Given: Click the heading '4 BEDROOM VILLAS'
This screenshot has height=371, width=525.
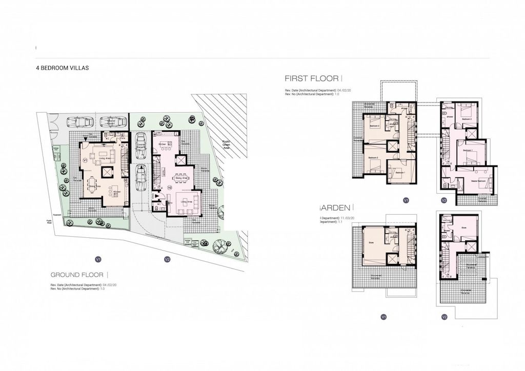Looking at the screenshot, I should click(x=63, y=68).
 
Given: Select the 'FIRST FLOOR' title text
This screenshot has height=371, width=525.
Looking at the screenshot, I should click(x=312, y=78).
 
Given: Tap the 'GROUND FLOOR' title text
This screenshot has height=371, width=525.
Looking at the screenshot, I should click(x=76, y=274).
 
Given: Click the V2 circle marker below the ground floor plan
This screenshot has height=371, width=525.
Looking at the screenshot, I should click(x=167, y=259).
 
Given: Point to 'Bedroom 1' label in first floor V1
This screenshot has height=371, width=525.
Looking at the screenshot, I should click(x=400, y=173).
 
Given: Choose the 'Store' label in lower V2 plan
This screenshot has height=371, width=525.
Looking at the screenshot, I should click(x=464, y=227).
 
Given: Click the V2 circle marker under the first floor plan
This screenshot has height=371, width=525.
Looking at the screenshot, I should click(x=444, y=200).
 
